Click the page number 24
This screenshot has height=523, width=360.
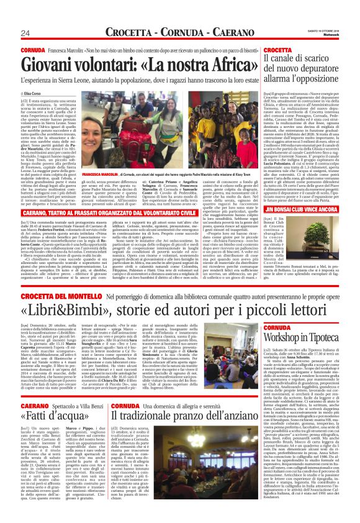point(9,32)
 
